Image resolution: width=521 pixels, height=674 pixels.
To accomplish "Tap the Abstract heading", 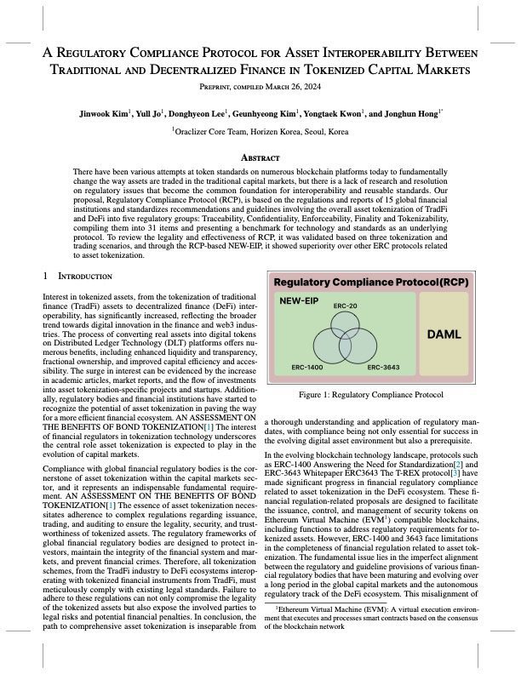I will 260,157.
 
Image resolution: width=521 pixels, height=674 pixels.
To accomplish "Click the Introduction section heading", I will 84,277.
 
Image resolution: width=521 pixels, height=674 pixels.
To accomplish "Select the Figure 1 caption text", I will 371,418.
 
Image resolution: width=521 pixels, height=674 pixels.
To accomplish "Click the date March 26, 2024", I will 293,83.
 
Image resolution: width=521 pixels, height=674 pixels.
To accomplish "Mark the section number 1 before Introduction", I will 45,277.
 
